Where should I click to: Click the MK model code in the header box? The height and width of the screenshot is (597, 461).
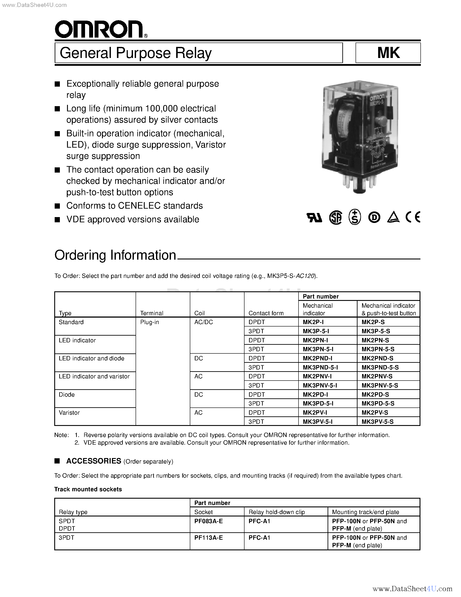tap(388, 53)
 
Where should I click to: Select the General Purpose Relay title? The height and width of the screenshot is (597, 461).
tap(136, 53)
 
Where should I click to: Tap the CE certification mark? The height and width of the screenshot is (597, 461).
tap(413, 217)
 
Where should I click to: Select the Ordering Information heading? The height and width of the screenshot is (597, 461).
tap(115, 255)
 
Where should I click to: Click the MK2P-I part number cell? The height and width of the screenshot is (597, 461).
tap(313, 322)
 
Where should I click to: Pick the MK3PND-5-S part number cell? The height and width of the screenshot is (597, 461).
tap(380, 367)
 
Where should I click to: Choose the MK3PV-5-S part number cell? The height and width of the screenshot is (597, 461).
tap(377, 422)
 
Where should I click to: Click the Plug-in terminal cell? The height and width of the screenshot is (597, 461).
tap(149, 322)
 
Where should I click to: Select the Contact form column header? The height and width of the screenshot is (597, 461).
tap(266, 313)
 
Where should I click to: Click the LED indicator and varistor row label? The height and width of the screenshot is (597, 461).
tap(94, 376)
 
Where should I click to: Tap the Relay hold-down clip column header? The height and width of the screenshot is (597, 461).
tap(276, 512)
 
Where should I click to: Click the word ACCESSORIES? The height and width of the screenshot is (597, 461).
tap(94, 461)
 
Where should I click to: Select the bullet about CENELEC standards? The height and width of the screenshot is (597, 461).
tap(134, 206)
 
